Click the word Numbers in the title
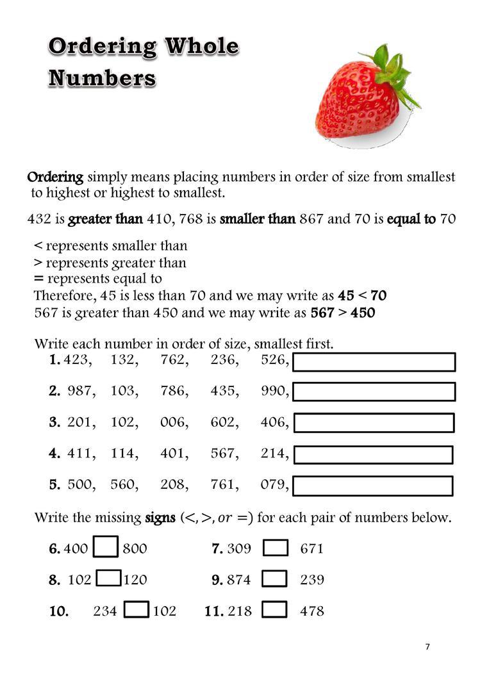tap(103, 78)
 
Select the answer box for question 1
tap(374, 361)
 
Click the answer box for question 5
tap(373, 486)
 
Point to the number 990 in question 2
tap(275, 391)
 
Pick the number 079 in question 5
tap(275, 484)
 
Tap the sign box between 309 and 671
tap(276, 548)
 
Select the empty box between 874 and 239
tap(275, 579)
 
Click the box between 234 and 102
tap(137, 610)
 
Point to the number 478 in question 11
tap(312, 611)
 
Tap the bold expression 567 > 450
tap(343, 313)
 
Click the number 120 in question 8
tap(135, 580)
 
